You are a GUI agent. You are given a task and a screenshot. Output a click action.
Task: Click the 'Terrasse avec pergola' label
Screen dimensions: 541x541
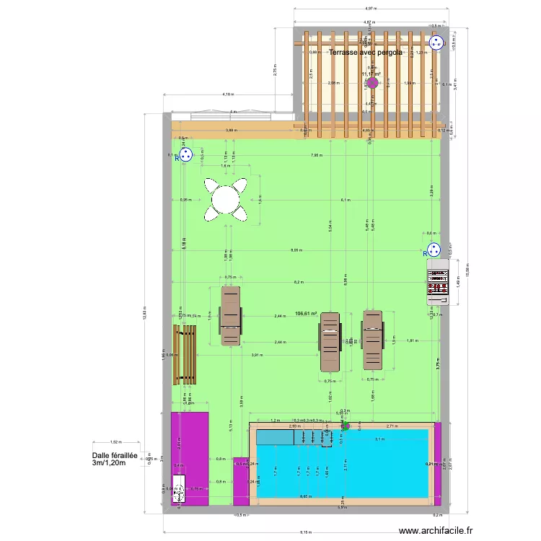click(365, 52)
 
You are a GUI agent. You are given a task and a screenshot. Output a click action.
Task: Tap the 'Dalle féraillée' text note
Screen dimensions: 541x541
click(114, 459)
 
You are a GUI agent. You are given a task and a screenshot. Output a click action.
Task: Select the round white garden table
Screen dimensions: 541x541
click(226, 198)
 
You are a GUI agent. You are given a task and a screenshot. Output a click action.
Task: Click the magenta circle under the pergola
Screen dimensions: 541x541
click(372, 83)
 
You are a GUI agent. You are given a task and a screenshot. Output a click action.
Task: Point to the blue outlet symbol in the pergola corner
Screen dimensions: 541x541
click(435, 43)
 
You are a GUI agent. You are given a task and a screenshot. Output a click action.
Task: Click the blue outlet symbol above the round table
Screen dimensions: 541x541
click(185, 155)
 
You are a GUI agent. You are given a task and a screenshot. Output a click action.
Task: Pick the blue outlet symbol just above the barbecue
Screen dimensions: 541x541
click(434, 250)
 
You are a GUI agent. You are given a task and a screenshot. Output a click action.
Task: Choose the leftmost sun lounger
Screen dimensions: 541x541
click(230, 316)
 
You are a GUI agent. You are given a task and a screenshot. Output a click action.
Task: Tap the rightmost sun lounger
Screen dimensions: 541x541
click(372, 339)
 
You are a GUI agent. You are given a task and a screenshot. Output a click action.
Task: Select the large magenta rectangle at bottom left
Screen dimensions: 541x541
click(189, 458)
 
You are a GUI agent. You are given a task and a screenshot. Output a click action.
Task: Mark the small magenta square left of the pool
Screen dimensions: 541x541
click(240, 480)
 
